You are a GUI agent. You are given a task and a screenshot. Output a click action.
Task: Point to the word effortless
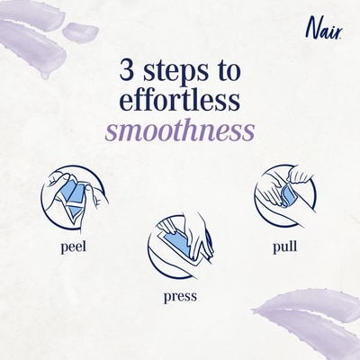click(x=180, y=100)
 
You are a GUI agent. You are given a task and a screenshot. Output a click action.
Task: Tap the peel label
click(x=74, y=247)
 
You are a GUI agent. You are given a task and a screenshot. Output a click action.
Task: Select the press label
click(x=180, y=296)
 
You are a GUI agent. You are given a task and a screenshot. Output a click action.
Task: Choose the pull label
click(x=285, y=247)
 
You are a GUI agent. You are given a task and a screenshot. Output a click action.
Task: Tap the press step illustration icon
click(x=180, y=246)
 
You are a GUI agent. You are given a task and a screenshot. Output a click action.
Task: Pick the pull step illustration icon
click(x=285, y=197)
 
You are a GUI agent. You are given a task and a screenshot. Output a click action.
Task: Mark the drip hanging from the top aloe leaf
click(x=45, y=75)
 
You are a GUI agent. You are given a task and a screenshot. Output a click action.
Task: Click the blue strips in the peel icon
click(x=74, y=198)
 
